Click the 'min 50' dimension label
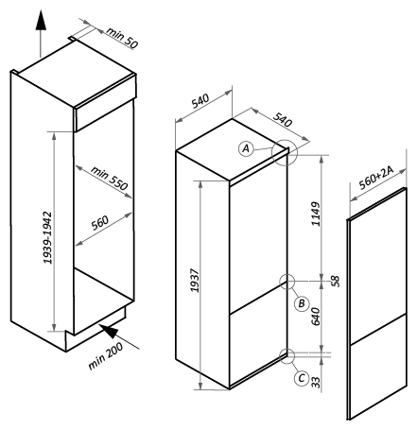pos(122,38)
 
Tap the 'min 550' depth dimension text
pos(110,178)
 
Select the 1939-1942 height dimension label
pos(47,238)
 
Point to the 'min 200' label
pos(106,355)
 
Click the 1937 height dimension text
pos(195,281)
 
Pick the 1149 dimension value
pos(316,214)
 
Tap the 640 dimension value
pos(316,317)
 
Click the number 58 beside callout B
pos(336,282)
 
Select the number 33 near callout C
pos(316,382)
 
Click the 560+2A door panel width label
pos(376,178)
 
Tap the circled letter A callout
pos(246,148)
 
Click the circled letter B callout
pos(302,303)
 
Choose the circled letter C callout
pos(302,378)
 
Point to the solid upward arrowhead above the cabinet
pos(41,20)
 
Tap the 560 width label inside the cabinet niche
pos(100,223)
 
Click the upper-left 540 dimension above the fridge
pos(200,101)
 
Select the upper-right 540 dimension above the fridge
pos(283,119)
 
